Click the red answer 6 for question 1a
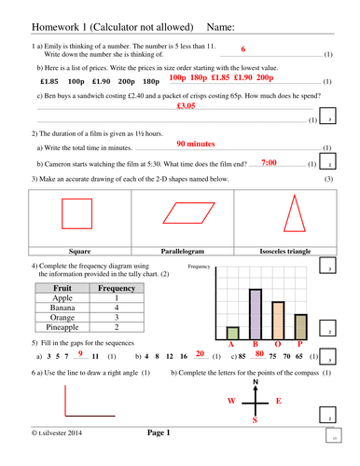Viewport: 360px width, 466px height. [242, 48]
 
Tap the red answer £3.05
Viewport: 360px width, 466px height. [186, 106]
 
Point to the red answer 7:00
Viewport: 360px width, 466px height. [269, 162]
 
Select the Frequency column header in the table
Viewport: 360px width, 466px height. [117, 289]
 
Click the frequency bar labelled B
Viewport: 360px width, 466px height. [255, 313]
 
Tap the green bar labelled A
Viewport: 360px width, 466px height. [233, 332]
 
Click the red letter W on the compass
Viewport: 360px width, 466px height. [232, 402]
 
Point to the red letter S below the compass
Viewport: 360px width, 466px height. [255, 421]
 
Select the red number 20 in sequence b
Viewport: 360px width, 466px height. [200, 354]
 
